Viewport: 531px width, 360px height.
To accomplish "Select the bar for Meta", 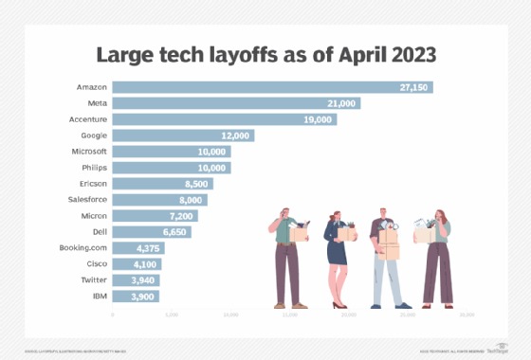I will (236, 103).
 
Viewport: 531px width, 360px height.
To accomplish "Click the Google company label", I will (93, 135).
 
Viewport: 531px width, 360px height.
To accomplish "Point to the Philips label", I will (94, 168).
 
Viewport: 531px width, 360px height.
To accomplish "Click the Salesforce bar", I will (159, 200).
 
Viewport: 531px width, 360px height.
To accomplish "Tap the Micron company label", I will (93, 216).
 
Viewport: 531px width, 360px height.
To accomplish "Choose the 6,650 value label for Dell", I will (173, 232).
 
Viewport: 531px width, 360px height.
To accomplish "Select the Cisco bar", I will (137, 264).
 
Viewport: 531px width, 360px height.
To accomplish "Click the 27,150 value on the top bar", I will (413, 87).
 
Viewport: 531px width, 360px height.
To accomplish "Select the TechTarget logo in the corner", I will (496, 348).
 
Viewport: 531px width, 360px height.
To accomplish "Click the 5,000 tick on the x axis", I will (171, 314).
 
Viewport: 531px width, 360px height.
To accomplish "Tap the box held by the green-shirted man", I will (300, 233).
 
